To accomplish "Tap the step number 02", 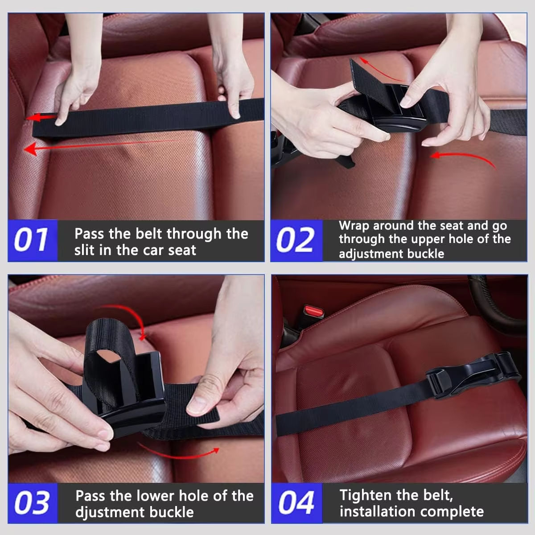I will point(295,240).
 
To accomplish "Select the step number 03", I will point(32,503).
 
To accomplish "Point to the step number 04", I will point(296,503).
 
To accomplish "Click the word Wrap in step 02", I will point(354,226).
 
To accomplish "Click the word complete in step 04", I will point(457,511).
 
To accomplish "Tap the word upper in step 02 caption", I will point(436,239).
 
